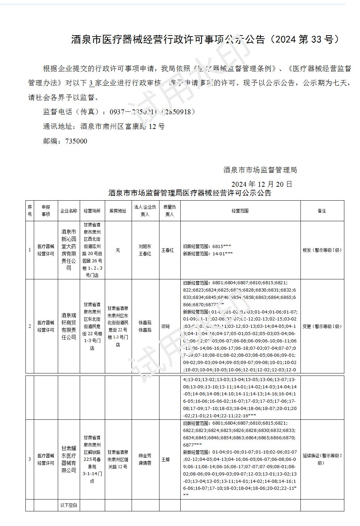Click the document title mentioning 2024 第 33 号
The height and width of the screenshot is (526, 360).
click(205, 39)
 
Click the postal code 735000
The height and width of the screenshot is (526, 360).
click(65, 141)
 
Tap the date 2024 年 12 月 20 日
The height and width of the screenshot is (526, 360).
click(261, 184)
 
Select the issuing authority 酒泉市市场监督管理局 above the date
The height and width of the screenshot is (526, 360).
click(260, 170)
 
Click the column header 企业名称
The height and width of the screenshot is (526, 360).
click(69, 211)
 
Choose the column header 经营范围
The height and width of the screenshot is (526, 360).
click(240, 211)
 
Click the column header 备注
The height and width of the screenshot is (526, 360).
click(322, 211)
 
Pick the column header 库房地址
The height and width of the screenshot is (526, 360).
click(118, 211)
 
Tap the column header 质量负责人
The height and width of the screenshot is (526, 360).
click(169, 211)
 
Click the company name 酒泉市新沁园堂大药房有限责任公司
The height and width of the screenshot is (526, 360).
click(69, 250)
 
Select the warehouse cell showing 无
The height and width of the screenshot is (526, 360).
click(118, 250)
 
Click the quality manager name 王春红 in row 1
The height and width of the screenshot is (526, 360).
click(167, 250)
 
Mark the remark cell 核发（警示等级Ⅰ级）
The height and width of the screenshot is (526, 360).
click(322, 250)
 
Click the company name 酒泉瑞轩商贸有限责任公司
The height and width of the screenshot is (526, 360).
click(69, 326)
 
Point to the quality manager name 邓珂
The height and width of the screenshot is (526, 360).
click(165, 326)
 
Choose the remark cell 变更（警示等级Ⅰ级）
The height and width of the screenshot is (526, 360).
click(322, 326)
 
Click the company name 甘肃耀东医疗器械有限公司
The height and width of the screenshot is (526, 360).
click(69, 459)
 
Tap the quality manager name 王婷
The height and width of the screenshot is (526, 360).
click(165, 459)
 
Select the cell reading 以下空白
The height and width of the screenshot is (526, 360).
click(69, 505)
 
